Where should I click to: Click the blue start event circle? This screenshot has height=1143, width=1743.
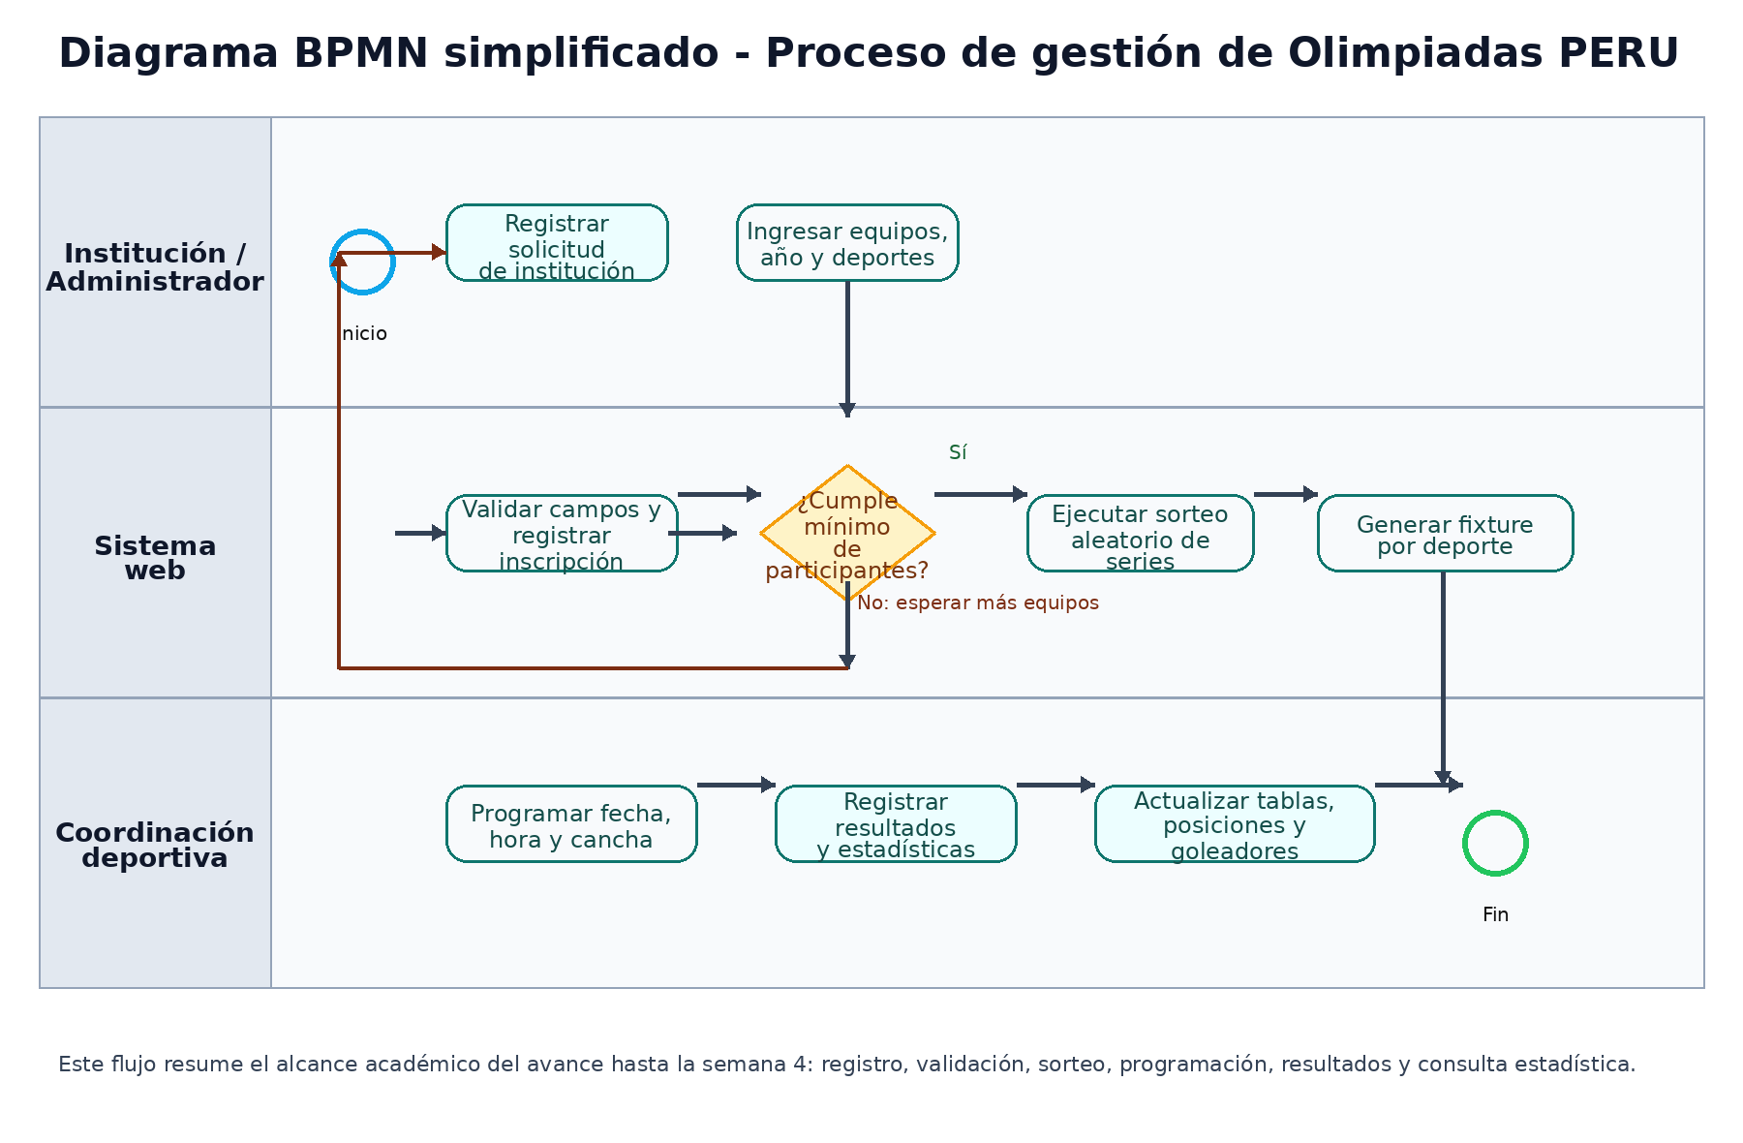362,262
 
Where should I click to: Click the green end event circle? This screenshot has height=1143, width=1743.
1495,843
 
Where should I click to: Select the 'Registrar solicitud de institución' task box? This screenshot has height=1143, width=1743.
557,242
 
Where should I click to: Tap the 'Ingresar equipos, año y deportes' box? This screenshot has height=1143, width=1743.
847,242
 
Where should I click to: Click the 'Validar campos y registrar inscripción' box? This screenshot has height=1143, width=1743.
562,533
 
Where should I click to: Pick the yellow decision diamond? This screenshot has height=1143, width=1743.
847,533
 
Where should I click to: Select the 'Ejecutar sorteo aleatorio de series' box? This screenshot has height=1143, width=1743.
1140,533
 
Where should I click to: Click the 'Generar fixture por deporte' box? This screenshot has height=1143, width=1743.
1445,533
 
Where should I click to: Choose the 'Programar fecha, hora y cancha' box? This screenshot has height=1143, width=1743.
571,823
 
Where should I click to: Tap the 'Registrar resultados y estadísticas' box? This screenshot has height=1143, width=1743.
896,823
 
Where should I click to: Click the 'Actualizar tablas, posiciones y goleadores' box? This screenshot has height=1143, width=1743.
1235,823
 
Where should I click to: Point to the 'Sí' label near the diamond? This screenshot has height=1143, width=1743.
958,452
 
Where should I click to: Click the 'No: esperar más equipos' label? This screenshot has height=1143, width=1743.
978,602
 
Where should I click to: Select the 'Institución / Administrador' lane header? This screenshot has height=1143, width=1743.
155,266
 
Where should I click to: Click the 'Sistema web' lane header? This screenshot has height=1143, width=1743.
155,557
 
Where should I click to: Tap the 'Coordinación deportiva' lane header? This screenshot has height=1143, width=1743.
155,845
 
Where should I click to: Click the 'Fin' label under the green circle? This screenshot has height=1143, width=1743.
1495,914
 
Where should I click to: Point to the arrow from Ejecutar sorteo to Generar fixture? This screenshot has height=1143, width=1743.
1285,494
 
